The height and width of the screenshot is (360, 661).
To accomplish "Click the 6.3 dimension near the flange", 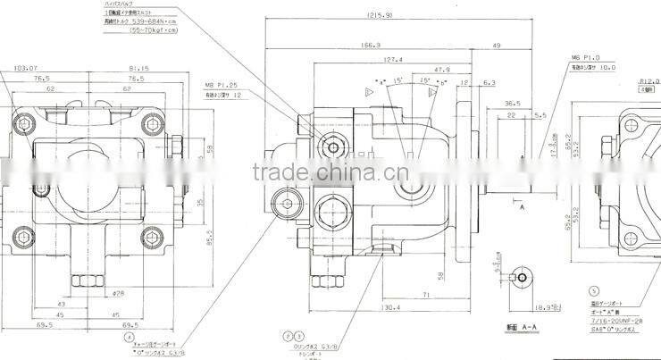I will (x=489, y=83).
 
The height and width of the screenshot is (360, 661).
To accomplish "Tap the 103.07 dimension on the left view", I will (x=27, y=67).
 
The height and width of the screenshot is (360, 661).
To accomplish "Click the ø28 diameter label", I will (x=118, y=292).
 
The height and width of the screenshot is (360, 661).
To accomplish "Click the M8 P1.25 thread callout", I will (x=221, y=87).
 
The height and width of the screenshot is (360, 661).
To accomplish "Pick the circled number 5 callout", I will (x=594, y=291).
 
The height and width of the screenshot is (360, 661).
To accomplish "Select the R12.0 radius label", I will (x=648, y=82).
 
